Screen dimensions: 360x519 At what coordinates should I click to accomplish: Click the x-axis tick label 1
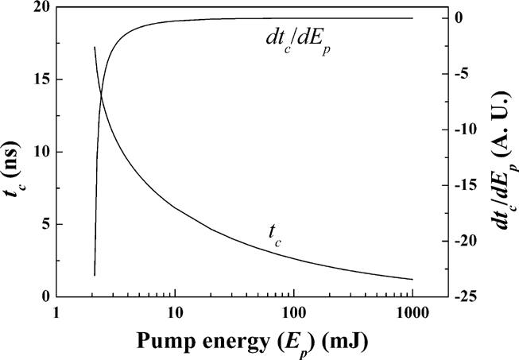tap(56, 312)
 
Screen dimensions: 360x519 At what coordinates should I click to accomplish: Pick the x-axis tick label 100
tap(294, 312)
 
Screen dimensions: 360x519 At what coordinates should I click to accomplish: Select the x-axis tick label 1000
tap(412, 312)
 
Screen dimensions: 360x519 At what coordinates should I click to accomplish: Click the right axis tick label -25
tap(474, 296)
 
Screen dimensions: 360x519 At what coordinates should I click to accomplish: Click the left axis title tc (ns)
tap(15, 152)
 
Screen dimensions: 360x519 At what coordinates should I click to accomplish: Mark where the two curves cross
tap(101, 96)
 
